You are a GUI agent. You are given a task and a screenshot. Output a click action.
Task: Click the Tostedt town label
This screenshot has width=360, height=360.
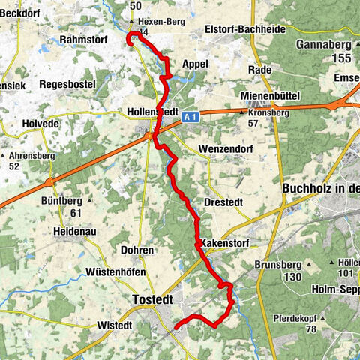tap(151, 299)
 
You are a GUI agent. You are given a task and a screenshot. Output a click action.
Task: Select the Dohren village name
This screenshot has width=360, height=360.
tap(137, 250)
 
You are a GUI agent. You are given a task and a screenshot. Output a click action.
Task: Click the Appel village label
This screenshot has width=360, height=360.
tap(195, 64)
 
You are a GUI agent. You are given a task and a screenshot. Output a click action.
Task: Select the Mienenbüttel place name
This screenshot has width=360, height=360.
tap(271, 97)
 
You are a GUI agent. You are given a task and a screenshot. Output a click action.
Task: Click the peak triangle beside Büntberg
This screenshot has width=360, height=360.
tap(90, 201)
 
